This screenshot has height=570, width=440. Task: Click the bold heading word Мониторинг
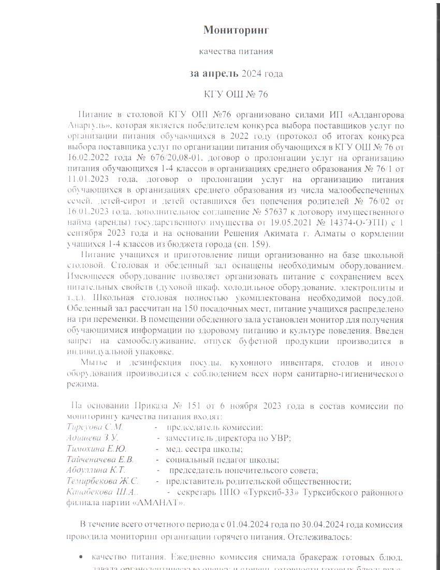pos(236,30)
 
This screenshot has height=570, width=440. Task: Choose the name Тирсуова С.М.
pos(95,427)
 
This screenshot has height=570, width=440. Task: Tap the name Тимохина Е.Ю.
pos(96,449)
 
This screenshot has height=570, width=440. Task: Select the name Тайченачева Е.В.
pos(100,460)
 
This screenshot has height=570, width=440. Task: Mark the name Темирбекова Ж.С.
pos(102,481)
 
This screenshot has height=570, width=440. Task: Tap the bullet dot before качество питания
pos(81,558)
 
